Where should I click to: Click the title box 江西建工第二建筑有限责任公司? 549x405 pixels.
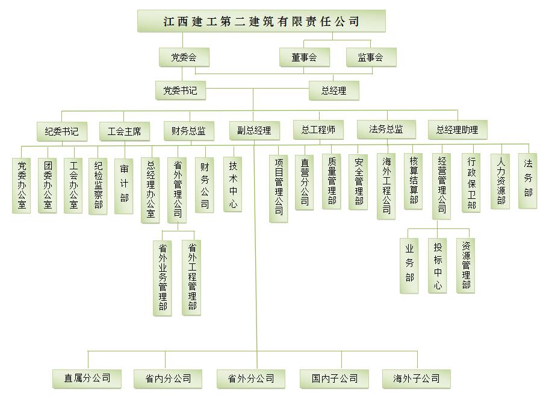pos(261,21)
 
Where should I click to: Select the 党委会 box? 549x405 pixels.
pos(184,57)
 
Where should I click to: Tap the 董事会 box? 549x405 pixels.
pos(304,57)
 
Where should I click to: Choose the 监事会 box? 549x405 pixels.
pos(371,57)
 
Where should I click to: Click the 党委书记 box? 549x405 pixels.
pos(181,90)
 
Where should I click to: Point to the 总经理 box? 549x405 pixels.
pos(333,90)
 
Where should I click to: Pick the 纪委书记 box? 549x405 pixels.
pos(61,131)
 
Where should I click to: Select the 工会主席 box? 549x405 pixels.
pos(124,131)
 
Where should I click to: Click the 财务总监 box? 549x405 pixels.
pos(189,131)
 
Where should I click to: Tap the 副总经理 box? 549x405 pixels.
pos(255,131)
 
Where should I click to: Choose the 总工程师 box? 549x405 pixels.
pos(318,130)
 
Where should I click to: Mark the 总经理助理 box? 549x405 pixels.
pos(457,130)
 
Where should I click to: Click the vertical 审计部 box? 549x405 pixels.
pos(123,186)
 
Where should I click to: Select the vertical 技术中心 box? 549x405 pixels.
pos(232,184)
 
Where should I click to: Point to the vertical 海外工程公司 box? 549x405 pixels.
pos(386,186)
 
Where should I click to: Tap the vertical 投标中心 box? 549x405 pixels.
pos(437,265)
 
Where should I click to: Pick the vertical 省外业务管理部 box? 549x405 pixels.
pos(163,278)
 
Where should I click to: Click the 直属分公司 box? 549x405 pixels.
pos(87,378)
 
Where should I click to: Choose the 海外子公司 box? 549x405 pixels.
pos(417,378)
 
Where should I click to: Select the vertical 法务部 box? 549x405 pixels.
pos(527,181)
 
